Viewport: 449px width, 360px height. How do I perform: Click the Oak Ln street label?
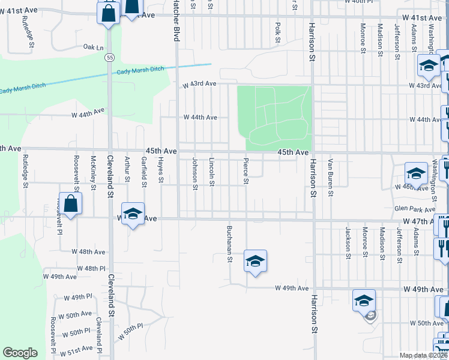93,47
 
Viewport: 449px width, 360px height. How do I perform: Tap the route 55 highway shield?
108,57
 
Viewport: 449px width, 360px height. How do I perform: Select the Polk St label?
277,33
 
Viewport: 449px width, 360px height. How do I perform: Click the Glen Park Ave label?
414,209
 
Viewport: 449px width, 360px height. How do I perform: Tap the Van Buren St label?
330,178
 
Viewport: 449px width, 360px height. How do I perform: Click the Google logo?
20,353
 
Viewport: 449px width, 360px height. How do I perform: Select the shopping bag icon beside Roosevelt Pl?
71,204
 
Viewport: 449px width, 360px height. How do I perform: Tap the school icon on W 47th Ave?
133,214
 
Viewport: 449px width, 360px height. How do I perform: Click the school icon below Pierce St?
255,261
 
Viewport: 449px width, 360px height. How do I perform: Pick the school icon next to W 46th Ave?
416,173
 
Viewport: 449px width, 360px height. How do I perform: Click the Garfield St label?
144,172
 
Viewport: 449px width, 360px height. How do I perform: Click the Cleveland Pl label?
99,335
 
